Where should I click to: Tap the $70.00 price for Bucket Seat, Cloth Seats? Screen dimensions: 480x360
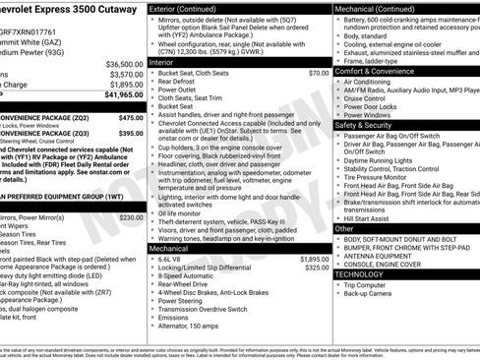[x=319, y=73]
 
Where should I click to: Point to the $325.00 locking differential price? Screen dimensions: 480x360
[x=317, y=268]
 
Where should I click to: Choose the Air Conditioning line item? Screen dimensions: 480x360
[x=373, y=82]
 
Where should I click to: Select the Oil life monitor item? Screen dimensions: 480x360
[x=183, y=212]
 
